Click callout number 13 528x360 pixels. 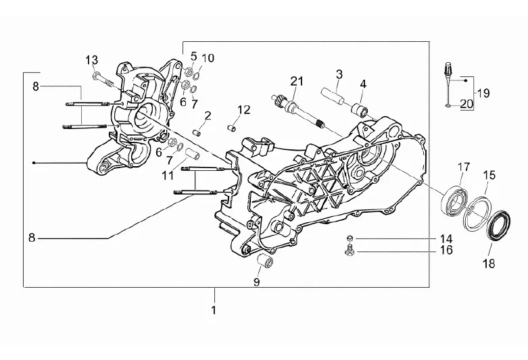pos(91,60)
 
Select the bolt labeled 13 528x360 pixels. pos(103,80)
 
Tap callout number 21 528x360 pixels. pos(297,81)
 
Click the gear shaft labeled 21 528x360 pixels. pos(296,111)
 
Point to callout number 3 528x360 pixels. pos(339,74)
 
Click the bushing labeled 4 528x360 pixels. pos(360,109)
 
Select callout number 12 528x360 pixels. pos(244,110)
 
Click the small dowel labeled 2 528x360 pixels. pos(197,132)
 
